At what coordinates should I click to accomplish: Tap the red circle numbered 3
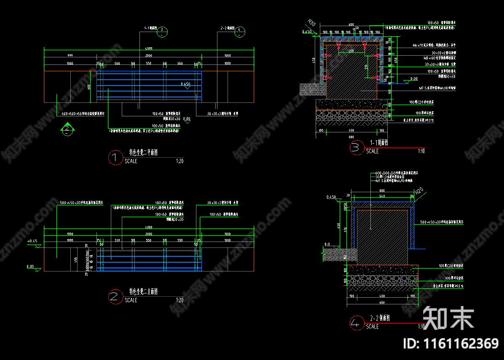click(x=357, y=148)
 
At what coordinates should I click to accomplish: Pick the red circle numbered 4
click(x=356, y=323)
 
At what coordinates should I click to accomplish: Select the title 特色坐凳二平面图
click(x=143, y=153)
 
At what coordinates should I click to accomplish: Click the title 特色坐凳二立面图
click(x=143, y=292)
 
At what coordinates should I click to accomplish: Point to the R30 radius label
click(x=311, y=22)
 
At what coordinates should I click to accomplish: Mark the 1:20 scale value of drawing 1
click(x=180, y=161)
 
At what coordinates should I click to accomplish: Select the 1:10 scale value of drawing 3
click(x=421, y=151)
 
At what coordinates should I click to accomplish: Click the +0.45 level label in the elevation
click(x=32, y=241)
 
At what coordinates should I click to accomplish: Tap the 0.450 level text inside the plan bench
click(x=185, y=84)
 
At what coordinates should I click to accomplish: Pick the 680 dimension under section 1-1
click(x=351, y=137)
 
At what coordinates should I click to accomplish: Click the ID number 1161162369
click(x=451, y=344)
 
